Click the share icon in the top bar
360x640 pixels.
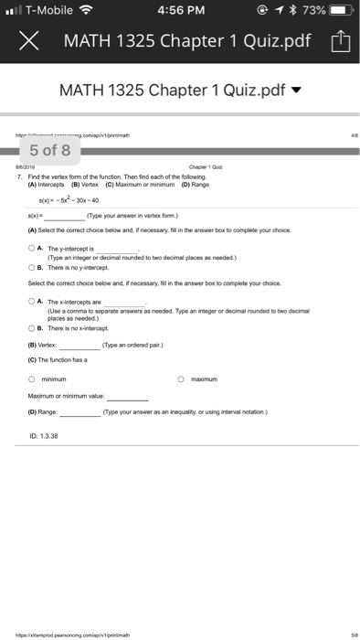339,41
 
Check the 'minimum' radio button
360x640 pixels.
31,379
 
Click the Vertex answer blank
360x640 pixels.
80,347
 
